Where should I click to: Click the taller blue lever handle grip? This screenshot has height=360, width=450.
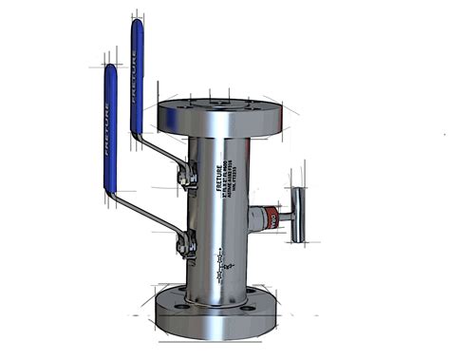(138, 76)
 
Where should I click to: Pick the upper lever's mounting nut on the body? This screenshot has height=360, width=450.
(190, 177)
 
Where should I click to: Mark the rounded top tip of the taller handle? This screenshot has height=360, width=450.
(138, 24)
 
